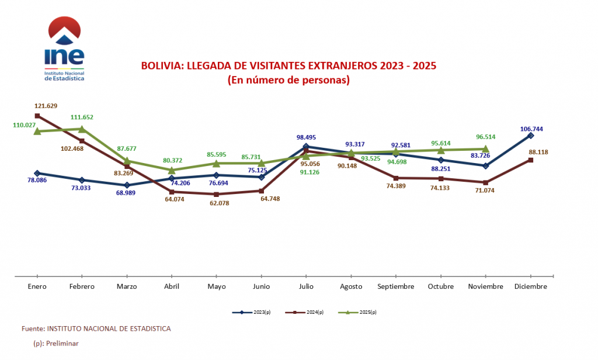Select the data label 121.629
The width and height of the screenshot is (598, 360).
[x=45, y=106]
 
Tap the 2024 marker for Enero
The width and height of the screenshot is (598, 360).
[x=37, y=116]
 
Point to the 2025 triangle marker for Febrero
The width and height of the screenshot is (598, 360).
[x=82, y=129]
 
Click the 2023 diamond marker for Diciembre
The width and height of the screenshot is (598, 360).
[x=531, y=136]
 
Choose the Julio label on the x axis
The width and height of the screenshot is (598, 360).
[x=306, y=286]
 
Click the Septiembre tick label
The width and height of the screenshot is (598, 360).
[x=396, y=286]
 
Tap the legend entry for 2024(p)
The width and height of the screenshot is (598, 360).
[x=304, y=313]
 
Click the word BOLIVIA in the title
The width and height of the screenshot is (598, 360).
[x=161, y=65]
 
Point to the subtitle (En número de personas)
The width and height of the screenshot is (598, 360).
[x=288, y=80]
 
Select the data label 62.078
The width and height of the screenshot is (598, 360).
[x=217, y=203]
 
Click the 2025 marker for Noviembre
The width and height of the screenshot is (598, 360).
[x=486, y=148]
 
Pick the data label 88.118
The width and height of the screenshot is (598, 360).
[x=538, y=152]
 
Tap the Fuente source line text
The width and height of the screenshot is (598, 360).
[x=96, y=328]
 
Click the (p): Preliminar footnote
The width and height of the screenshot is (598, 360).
[x=56, y=344]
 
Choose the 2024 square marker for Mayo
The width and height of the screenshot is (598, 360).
[x=217, y=194]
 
